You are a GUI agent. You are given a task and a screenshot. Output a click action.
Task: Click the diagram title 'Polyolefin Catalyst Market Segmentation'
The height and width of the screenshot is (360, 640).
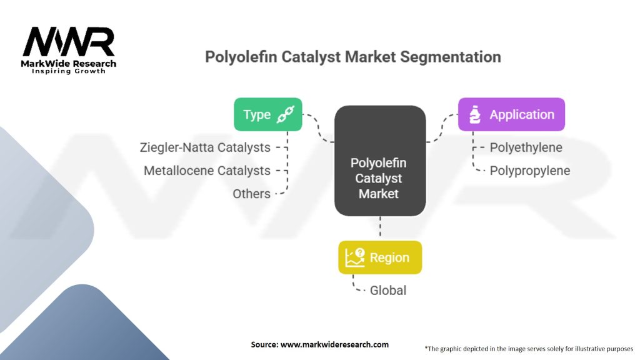click(353, 57)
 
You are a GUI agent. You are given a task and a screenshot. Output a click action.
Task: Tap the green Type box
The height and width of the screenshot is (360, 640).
click(267, 114)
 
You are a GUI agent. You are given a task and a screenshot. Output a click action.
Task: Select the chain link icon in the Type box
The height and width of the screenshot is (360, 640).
click(286, 114)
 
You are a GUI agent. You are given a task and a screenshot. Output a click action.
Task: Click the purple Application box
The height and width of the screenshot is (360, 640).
click(511, 114)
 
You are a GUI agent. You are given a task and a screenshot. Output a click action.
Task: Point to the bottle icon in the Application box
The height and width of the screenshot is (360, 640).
click(474, 114)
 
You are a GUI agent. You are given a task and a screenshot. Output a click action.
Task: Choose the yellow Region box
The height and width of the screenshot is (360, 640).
click(380, 257)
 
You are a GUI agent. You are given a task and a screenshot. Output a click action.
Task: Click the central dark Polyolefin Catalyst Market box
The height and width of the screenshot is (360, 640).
click(380, 161)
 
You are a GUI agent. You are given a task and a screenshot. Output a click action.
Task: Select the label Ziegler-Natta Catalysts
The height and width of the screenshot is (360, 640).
click(206, 147)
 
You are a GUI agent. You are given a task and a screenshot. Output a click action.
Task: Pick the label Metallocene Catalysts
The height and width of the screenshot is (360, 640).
click(207, 171)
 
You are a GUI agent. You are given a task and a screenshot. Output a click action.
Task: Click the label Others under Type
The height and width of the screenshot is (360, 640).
click(251, 194)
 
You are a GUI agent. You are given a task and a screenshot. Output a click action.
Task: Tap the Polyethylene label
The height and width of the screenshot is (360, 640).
click(526, 147)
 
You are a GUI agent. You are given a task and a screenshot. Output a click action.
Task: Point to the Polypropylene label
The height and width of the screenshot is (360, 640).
click(529, 171)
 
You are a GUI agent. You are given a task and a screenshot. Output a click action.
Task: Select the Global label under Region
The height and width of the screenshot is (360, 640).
click(387, 290)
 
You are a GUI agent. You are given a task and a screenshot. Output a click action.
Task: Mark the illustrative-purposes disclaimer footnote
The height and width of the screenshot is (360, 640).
click(529, 348)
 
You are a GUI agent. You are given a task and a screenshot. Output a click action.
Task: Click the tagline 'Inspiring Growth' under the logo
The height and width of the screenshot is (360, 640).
click(69, 71)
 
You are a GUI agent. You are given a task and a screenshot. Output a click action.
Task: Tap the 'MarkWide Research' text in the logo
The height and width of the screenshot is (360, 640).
click(69, 63)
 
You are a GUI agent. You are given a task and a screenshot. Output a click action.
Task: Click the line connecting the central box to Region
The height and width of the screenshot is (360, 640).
click(380, 228)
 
